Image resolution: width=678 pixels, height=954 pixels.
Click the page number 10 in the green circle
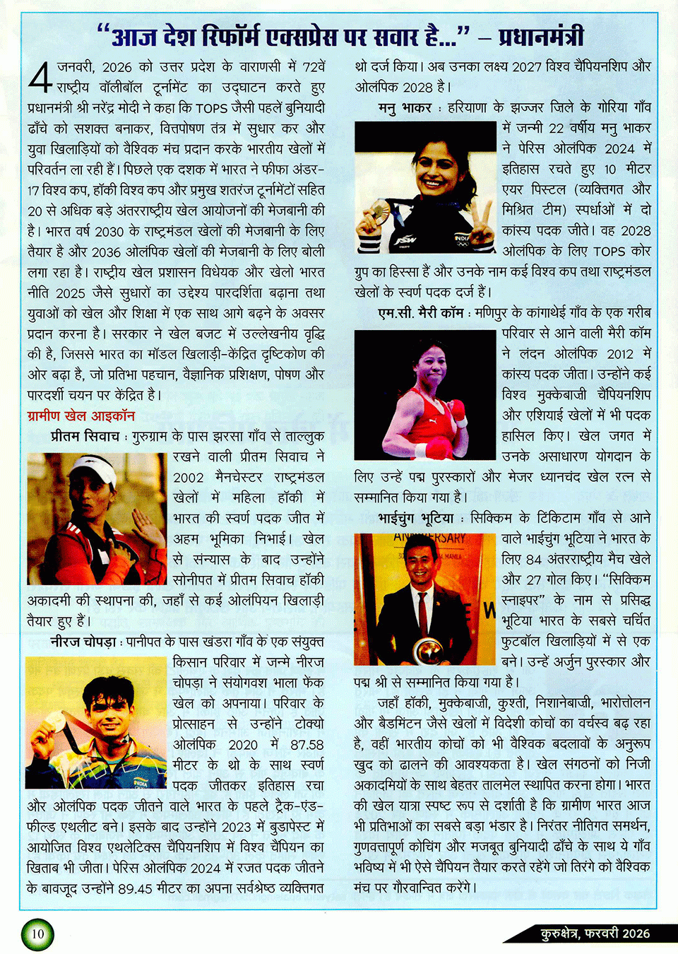coord(37,934)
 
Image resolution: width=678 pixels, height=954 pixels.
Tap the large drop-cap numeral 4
coord(40,78)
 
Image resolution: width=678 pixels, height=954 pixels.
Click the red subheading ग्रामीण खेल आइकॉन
coord(81,416)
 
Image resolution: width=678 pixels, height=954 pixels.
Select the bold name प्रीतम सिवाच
coord(85,437)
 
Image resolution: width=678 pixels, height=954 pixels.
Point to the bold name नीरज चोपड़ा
coord(83,642)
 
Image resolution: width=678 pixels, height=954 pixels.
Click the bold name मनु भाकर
coord(404,108)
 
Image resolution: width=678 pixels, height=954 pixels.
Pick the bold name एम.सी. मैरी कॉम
coord(421,312)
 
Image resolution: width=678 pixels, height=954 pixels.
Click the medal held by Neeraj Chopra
coord(54,720)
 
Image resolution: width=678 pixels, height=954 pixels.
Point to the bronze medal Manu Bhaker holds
coord(379,208)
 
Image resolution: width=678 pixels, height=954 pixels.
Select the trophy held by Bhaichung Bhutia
coord(429,649)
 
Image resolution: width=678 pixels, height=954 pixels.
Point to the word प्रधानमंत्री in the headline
coord(541,35)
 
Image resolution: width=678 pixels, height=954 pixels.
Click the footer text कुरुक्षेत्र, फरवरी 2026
coord(595,934)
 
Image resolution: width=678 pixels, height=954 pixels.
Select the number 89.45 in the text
coord(135,888)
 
